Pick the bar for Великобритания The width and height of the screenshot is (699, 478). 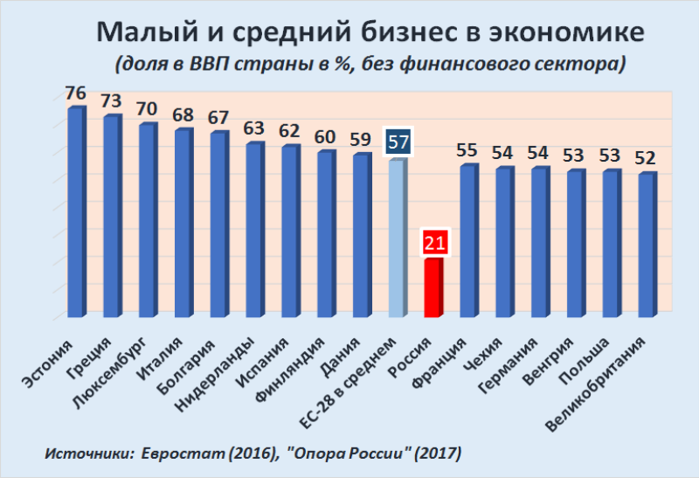[647, 245]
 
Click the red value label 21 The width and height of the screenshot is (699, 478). [434, 242]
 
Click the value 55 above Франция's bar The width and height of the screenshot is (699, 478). [467, 149]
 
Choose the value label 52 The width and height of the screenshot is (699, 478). [647, 158]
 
